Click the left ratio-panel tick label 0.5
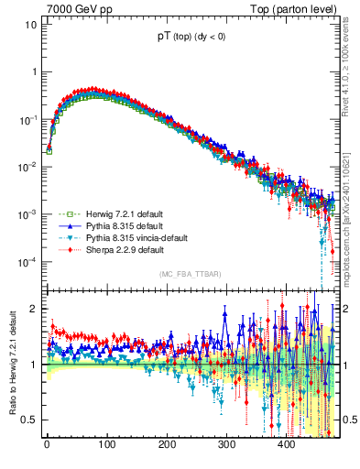click(x=27, y=420)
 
